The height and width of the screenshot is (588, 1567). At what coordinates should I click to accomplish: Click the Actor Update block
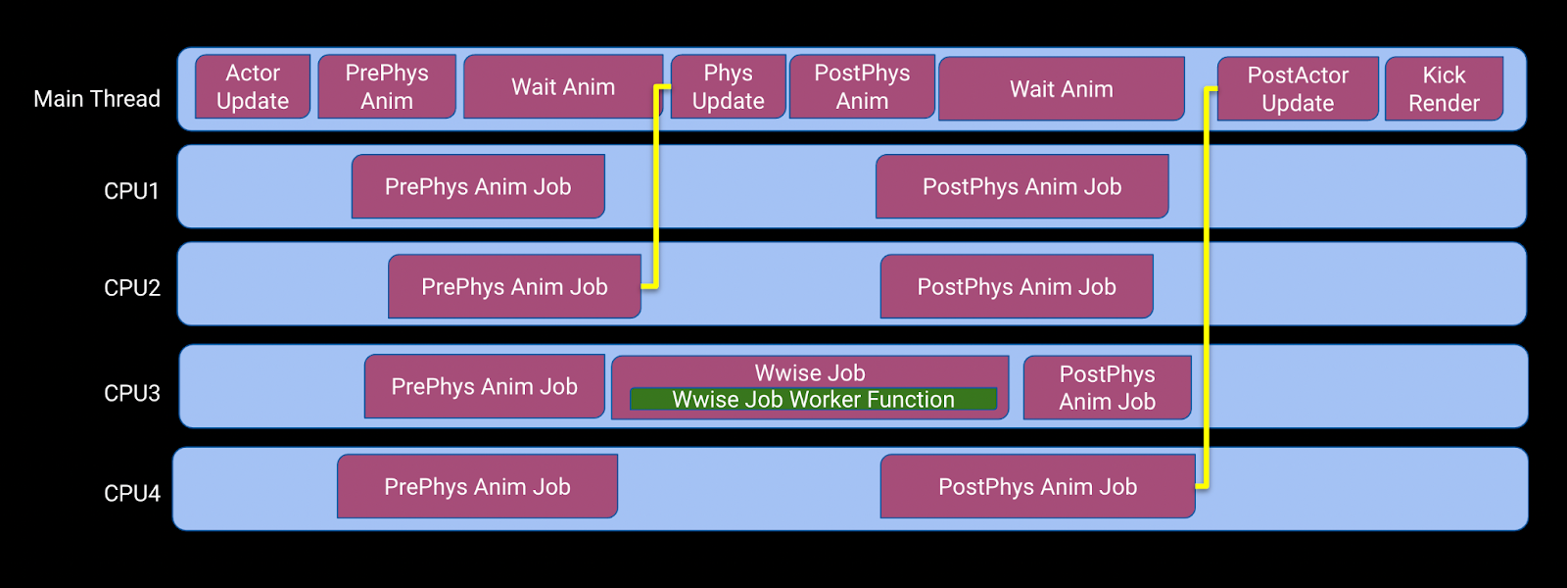tap(253, 87)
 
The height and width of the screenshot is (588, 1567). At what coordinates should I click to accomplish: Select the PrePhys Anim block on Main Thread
tap(387, 87)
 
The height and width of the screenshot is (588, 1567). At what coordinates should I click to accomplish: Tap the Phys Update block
tap(729, 87)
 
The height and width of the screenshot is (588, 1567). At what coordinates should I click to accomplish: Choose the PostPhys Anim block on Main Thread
tap(862, 87)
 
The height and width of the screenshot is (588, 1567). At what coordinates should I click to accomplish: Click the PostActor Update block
tap(1298, 89)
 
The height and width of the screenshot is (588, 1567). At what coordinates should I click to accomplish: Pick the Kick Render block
tap(1444, 89)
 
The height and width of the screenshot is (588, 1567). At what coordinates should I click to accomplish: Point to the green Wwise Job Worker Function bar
tap(814, 399)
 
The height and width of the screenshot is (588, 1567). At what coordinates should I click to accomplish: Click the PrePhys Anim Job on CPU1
tap(478, 186)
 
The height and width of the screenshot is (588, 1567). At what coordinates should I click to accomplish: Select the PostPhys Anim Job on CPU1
tap(1022, 186)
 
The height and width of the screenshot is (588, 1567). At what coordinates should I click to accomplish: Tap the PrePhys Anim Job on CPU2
tap(514, 286)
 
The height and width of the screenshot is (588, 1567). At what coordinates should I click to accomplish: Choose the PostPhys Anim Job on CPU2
tap(1017, 286)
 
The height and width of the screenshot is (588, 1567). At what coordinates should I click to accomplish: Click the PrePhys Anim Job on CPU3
tap(484, 386)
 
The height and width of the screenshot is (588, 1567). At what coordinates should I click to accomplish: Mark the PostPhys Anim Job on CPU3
tap(1108, 388)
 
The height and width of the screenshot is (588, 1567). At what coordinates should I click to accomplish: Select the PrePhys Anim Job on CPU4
tap(477, 486)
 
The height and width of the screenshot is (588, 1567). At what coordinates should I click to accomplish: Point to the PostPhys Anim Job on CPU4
tap(1037, 486)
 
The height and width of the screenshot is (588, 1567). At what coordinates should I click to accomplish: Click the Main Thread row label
tap(97, 99)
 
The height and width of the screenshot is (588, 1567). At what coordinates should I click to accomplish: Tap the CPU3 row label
tap(131, 393)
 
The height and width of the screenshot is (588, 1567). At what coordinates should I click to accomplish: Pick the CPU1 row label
tap(131, 190)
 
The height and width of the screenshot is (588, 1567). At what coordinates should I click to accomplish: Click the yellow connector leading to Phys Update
tap(656, 186)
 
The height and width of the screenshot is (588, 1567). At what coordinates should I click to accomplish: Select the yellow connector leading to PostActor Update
tap(1207, 287)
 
